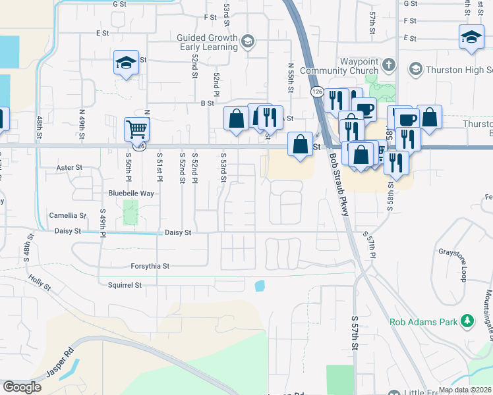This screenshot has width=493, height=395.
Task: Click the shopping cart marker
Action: click(136, 129)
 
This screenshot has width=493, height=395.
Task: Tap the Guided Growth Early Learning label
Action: click(206, 42)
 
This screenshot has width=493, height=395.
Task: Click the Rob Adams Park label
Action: click(424, 322)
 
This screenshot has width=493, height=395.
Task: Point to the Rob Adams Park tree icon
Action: click(468, 321)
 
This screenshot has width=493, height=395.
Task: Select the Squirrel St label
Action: click(125, 285)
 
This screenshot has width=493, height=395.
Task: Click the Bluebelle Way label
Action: click(131, 194)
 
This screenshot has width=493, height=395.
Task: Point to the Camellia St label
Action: click(68, 215)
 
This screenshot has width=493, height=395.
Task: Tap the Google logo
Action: click(22, 387)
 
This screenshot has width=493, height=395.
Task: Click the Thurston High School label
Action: click(459, 70)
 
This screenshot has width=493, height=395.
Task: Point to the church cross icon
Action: click(389, 65)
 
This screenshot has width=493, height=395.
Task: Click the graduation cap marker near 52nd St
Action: click(127, 63)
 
